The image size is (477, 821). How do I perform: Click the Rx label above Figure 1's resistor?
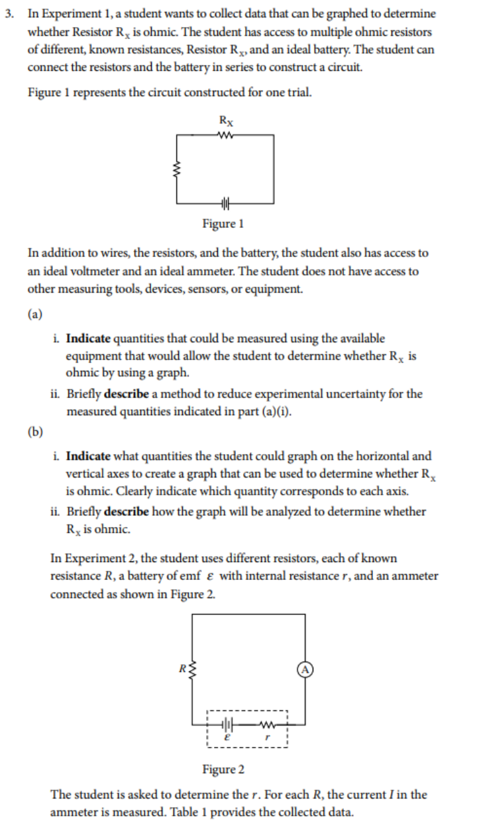(x=225, y=121)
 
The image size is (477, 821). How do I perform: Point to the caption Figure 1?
(x=223, y=224)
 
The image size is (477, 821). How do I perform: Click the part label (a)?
(x=34, y=314)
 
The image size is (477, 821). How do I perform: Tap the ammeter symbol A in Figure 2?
(x=305, y=669)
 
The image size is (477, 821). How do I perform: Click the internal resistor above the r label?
(x=268, y=723)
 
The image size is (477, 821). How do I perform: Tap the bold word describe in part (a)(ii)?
(x=127, y=394)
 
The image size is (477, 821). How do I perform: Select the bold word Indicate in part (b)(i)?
(x=88, y=456)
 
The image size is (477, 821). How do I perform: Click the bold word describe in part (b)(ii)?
(x=127, y=512)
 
